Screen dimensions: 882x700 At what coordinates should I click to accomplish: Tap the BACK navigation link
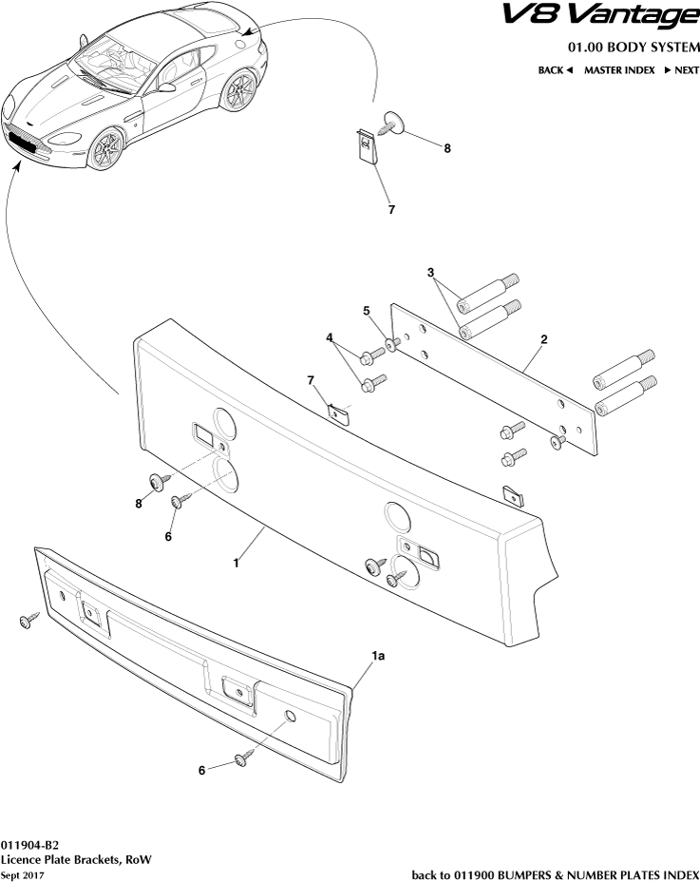(x=556, y=70)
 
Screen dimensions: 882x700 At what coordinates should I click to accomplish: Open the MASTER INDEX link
(x=618, y=70)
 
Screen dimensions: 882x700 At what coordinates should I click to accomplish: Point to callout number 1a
(x=378, y=656)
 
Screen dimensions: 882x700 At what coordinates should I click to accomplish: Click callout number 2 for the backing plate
(x=543, y=339)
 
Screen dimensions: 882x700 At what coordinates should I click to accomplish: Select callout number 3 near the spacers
(x=432, y=273)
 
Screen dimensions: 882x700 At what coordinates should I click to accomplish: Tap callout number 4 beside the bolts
(x=330, y=337)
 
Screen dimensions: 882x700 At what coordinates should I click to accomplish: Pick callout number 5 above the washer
(x=366, y=310)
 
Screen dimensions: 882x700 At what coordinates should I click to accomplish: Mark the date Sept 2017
(x=23, y=874)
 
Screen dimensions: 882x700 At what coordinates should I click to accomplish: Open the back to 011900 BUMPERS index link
(x=555, y=874)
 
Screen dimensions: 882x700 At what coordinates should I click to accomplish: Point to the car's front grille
(x=26, y=142)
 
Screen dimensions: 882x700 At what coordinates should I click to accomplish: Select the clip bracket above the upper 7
(x=365, y=146)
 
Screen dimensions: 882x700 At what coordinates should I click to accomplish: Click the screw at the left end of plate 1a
(x=27, y=621)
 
